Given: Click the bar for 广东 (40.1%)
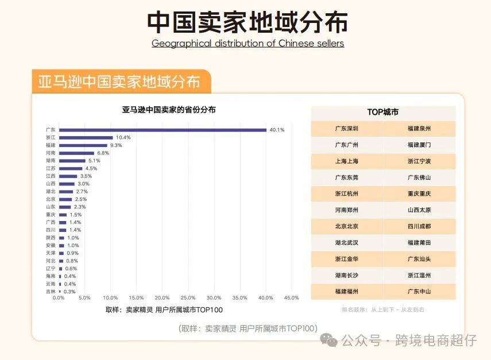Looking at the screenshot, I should (x=163, y=130).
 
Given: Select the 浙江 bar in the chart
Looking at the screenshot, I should (x=86, y=138).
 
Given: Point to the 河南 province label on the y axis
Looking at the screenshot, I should (x=51, y=153).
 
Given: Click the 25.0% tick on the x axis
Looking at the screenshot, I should (x=188, y=297).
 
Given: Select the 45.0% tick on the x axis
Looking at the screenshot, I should (x=291, y=297).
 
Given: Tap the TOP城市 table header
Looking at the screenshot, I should (x=383, y=113).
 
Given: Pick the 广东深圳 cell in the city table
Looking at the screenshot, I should (x=347, y=129).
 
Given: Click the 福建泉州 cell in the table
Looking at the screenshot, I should (x=419, y=129).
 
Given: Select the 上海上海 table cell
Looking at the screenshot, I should (x=347, y=161).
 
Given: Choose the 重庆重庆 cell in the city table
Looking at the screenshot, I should (x=419, y=193).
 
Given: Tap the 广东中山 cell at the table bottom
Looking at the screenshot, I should (x=419, y=291).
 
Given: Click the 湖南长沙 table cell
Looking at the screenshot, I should (x=347, y=275).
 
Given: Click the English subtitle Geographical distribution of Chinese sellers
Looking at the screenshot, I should (x=248, y=44).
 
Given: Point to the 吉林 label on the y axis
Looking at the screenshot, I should (x=51, y=291).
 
